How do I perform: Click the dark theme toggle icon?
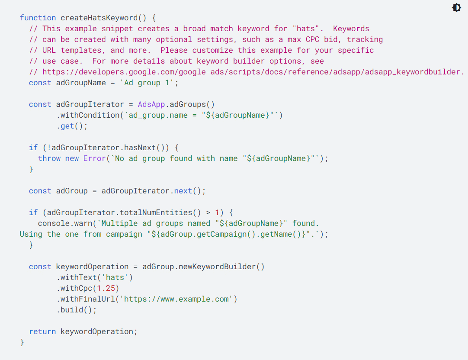click(456, 7)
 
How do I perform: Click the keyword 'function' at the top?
click(38, 18)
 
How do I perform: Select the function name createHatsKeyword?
click(99, 18)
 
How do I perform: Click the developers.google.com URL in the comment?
click(253, 72)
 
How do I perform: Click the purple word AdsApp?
click(151, 104)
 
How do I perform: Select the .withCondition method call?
click(88, 115)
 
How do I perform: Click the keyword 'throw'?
click(49, 158)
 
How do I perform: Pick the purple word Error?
click(95, 158)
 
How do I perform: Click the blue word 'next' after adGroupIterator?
click(183, 191)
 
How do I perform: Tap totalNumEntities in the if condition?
click(156, 212)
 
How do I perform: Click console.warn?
click(65, 223)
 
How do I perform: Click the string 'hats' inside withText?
click(115, 278)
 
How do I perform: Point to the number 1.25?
click(106, 288)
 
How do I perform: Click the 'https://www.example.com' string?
click(176, 299)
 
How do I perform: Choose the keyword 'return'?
click(42, 331)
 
